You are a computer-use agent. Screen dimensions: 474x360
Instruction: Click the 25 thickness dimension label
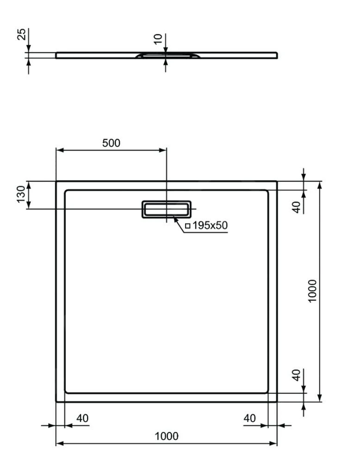coord(21,34)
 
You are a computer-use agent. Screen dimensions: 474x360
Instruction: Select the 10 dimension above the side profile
coord(159,39)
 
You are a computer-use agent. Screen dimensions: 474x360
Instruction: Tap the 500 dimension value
coord(111,143)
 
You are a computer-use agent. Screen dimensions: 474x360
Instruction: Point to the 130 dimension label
coord(21,195)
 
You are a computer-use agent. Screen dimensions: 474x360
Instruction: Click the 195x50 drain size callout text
coord(210,225)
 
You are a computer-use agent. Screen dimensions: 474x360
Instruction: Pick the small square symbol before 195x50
coord(187,226)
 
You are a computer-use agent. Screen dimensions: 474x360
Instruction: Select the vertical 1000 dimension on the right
coord(312,291)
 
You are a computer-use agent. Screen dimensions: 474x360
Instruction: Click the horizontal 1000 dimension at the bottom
coord(167,436)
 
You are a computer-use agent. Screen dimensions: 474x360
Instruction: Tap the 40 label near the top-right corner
coord(297,206)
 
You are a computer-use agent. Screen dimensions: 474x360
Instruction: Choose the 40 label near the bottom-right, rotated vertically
coord(297,375)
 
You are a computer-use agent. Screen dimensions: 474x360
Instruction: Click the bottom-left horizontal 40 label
coord(82,418)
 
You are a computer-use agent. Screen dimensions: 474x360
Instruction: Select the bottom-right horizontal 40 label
coord(249,418)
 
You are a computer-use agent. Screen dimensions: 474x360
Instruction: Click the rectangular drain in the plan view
coord(167,209)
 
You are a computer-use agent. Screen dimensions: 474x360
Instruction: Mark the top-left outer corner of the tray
coord(56,181)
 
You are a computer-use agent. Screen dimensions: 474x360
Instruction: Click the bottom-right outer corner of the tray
coord(277,401)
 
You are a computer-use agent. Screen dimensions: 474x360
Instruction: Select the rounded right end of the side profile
coord(276,55)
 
